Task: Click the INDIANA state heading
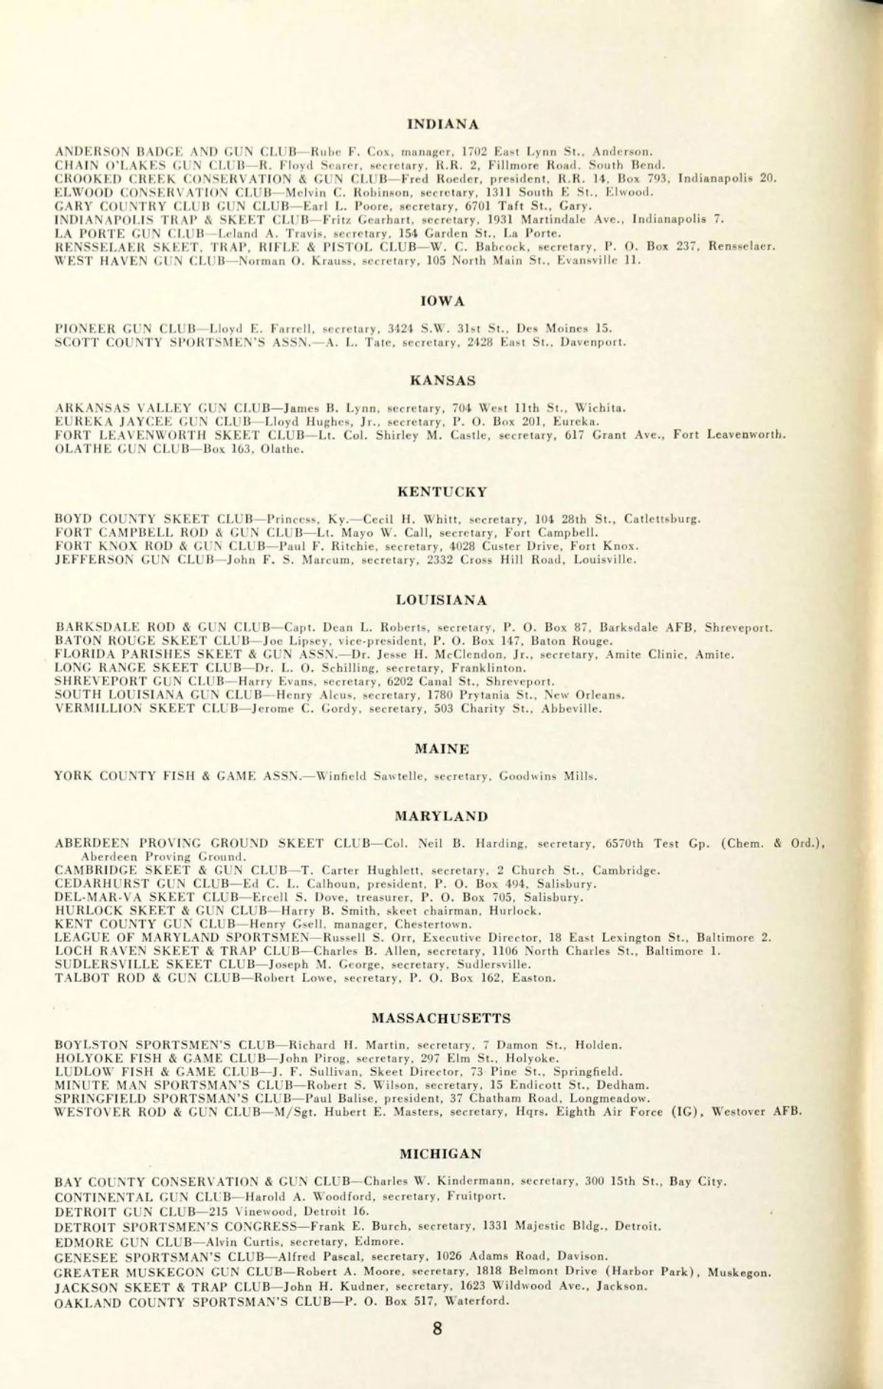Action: tap(443, 124)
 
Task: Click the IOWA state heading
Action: tap(443, 301)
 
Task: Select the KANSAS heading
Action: tap(442, 381)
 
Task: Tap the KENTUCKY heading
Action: tap(442, 492)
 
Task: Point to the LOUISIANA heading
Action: tap(441, 601)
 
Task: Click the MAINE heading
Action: tap(441, 749)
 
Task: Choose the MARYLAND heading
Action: tap(441, 816)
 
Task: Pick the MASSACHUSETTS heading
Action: tap(441, 1018)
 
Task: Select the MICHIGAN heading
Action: tap(441, 1154)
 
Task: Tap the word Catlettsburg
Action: tap(662, 519)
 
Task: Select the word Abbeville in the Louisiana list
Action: tap(571, 710)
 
